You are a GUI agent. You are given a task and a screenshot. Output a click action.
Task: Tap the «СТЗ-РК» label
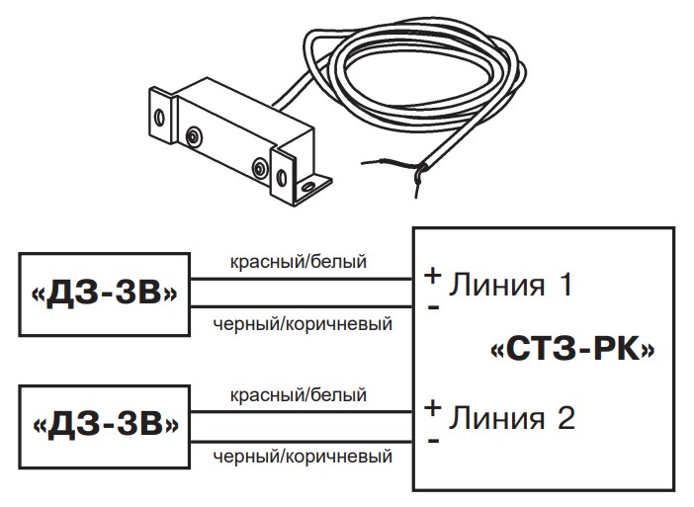click(573, 350)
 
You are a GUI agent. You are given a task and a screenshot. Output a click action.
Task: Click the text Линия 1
click(511, 286)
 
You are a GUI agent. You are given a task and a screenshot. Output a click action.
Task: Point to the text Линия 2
click(511, 417)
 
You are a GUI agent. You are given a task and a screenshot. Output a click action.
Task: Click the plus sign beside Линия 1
click(432, 277)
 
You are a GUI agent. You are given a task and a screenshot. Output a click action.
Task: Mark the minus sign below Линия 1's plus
click(432, 306)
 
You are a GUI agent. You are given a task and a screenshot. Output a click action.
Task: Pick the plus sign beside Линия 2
click(432, 407)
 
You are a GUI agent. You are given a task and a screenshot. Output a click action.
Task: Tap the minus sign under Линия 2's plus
click(432, 438)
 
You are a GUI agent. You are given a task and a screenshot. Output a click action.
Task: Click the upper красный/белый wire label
click(298, 263)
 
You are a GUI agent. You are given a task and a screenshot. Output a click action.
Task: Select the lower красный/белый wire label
click(298, 394)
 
